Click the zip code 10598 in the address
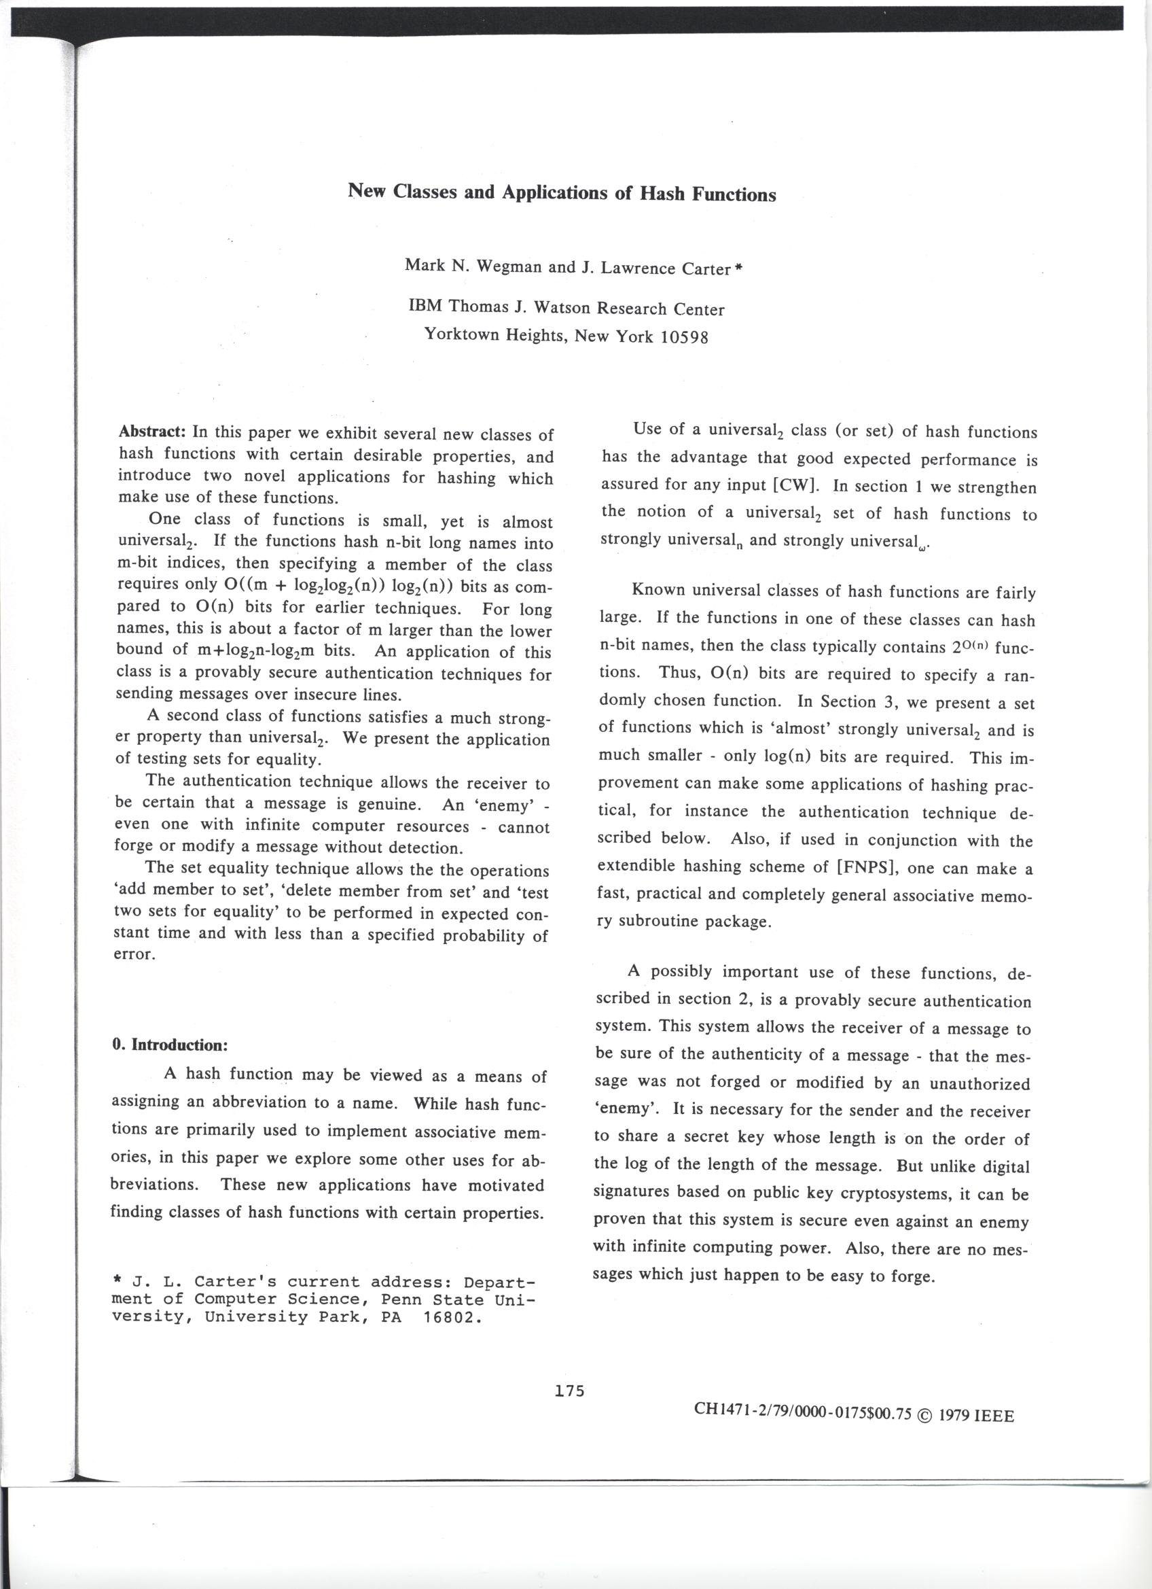(684, 337)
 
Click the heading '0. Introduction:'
(170, 1045)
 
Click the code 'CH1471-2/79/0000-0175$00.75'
(803, 1414)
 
